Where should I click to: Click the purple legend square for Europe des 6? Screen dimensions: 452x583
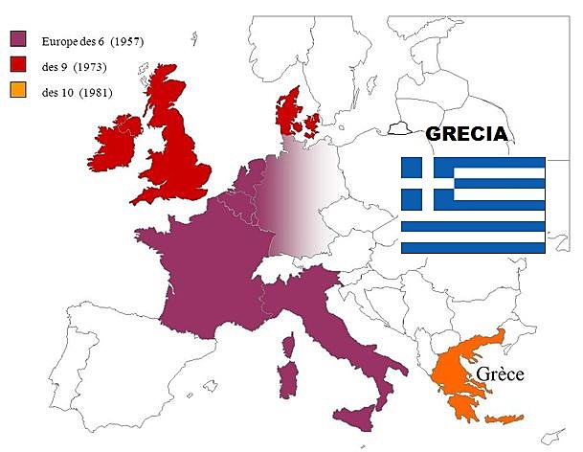(17, 39)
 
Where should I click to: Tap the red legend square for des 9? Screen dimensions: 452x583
(17, 66)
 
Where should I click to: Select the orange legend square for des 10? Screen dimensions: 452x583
(17, 92)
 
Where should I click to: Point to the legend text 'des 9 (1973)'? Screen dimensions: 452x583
(74, 66)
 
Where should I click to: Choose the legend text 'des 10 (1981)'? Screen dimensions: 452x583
(77, 92)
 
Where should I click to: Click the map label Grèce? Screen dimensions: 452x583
(500, 373)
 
